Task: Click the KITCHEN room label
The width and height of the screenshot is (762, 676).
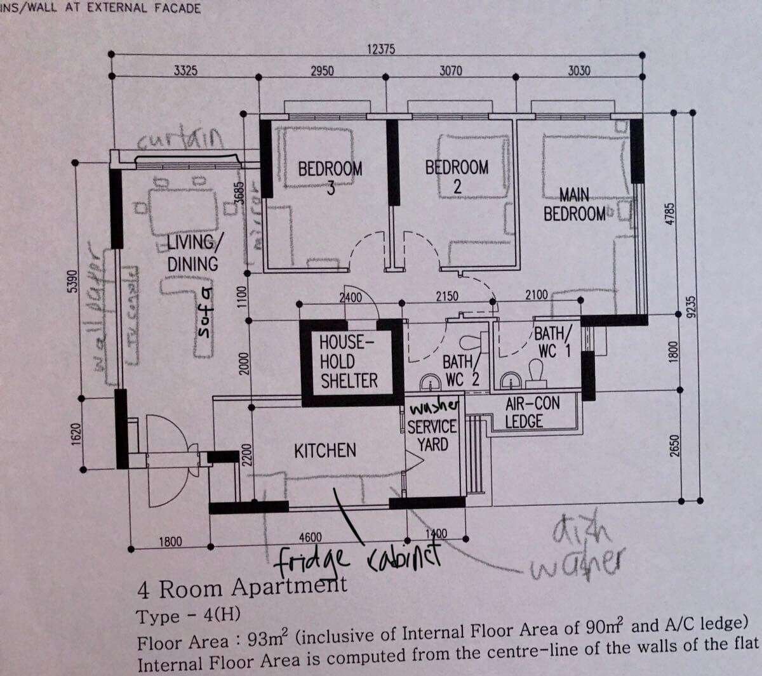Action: (x=324, y=451)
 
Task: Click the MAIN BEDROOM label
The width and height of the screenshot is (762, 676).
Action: (x=575, y=204)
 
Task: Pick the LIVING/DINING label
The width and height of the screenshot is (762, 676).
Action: (x=192, y=253)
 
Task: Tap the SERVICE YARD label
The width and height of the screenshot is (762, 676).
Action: (x=432, y=435)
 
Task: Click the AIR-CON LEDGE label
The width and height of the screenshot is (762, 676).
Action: (x=523, y=412)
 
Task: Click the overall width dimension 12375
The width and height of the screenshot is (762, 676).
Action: (x=382, y=50)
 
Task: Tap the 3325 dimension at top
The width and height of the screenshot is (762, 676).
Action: (x=186, y=70)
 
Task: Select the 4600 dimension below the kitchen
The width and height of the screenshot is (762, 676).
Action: (x=311, y=537)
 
